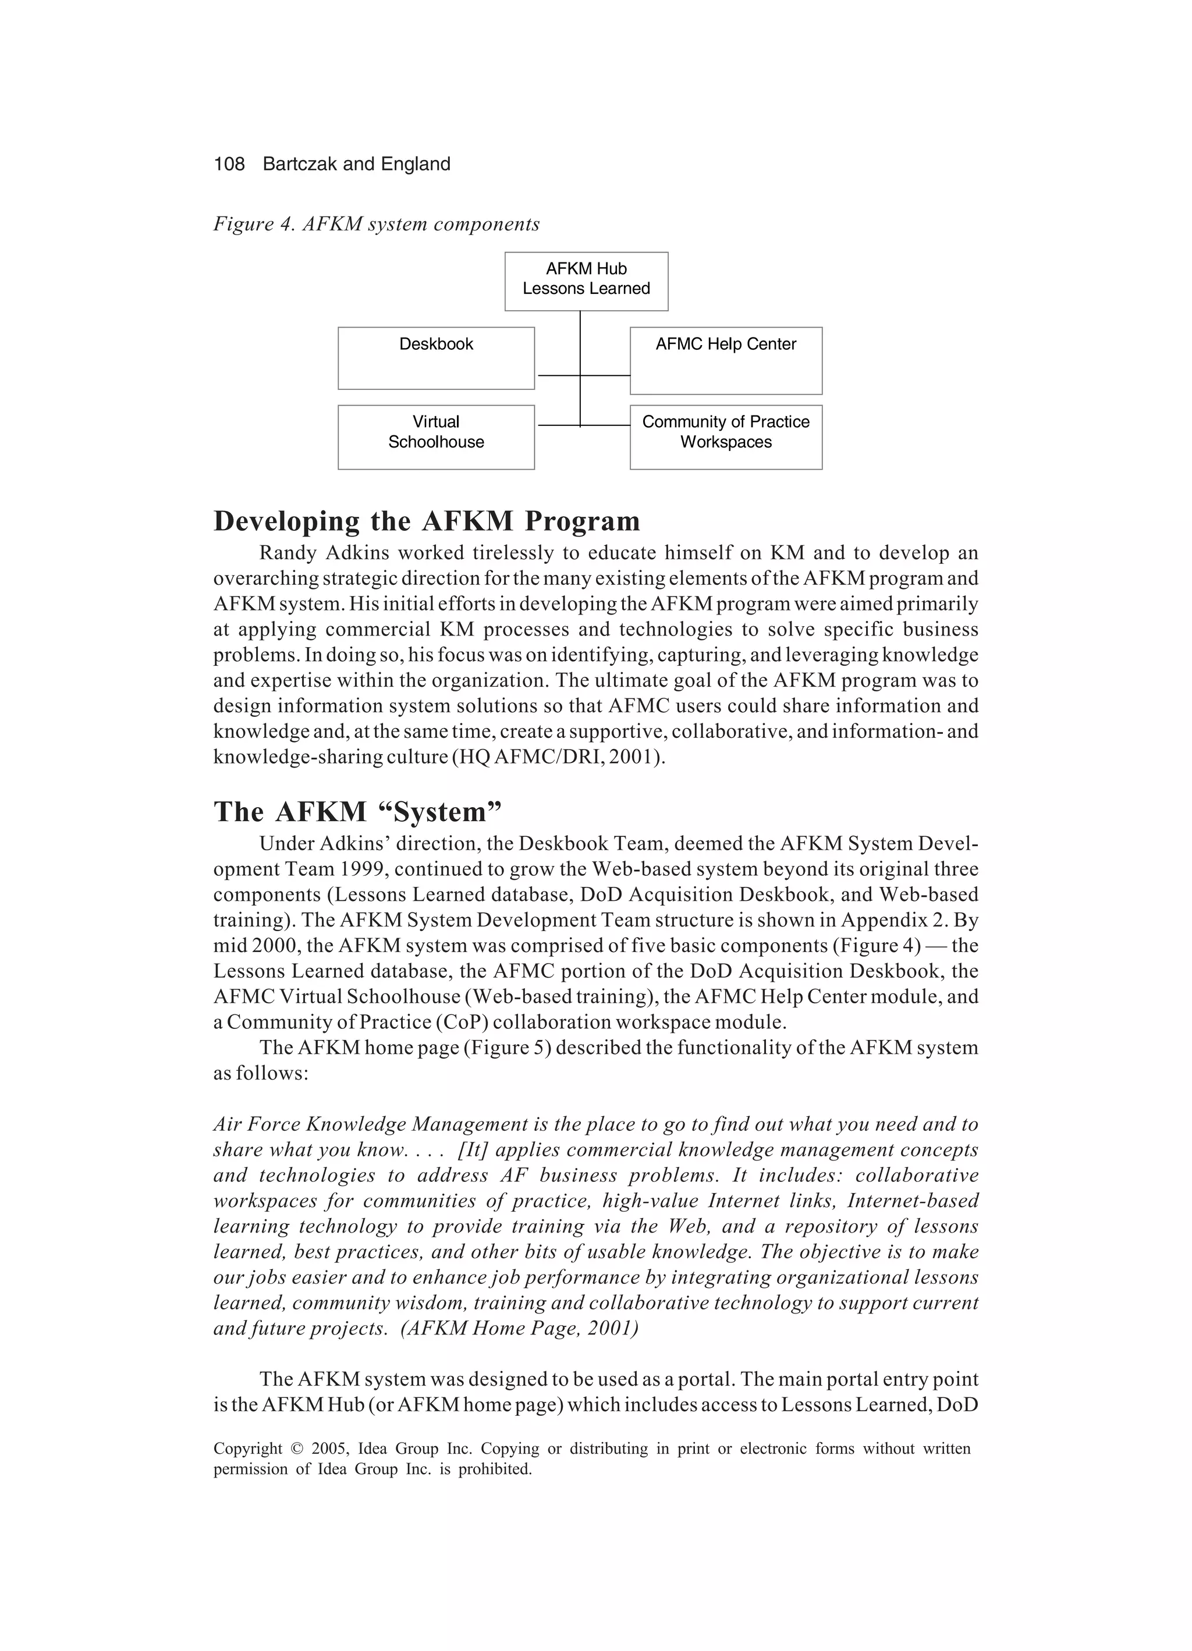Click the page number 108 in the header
[x=229, y=164]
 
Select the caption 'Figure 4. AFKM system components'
[x=376, y=223]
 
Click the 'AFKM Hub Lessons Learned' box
[x=586, y=281]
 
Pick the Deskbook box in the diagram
[x=435, y=357]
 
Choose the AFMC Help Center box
[x=725, y=360]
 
